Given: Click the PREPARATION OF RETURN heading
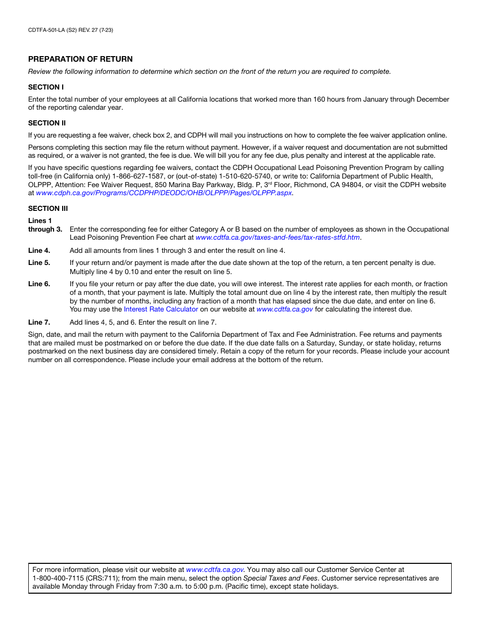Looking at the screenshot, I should (80, 59).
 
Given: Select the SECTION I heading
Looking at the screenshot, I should (46, 87).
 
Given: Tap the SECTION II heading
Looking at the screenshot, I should (47, 123).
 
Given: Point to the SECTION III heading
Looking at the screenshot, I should (48, 208).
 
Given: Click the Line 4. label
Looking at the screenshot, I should (39, 250).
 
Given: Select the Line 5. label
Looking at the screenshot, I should (39, 262).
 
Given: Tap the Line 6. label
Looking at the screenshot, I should (39, 284).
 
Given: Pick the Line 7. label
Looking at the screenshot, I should (39, 322).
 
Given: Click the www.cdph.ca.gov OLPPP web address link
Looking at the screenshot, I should (164, 193).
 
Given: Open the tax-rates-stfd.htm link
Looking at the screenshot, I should (277, 237).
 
